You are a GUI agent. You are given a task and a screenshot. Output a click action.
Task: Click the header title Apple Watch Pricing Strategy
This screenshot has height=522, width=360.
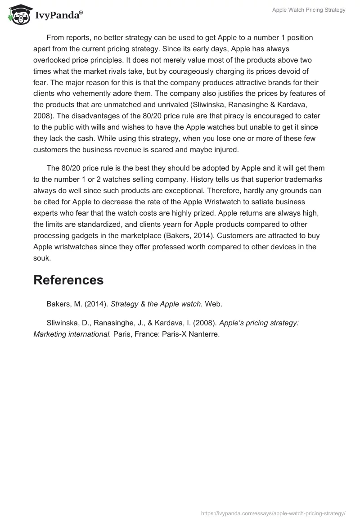[309, 10]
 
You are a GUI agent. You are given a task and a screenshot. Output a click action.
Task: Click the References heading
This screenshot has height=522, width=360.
[68, 280]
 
